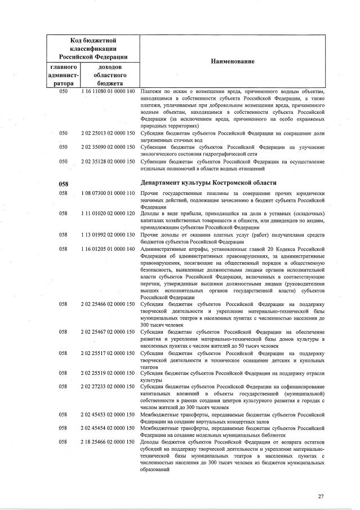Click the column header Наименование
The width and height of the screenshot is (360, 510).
232,61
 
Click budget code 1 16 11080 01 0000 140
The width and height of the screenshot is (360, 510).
108,91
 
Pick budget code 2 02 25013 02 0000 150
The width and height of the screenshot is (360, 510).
108,134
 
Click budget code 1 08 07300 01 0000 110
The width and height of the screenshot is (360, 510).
108,194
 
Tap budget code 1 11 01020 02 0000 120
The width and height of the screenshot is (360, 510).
108,214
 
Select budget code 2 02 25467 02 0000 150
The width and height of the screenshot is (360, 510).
108,332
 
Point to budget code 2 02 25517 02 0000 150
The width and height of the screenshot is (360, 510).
108,352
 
